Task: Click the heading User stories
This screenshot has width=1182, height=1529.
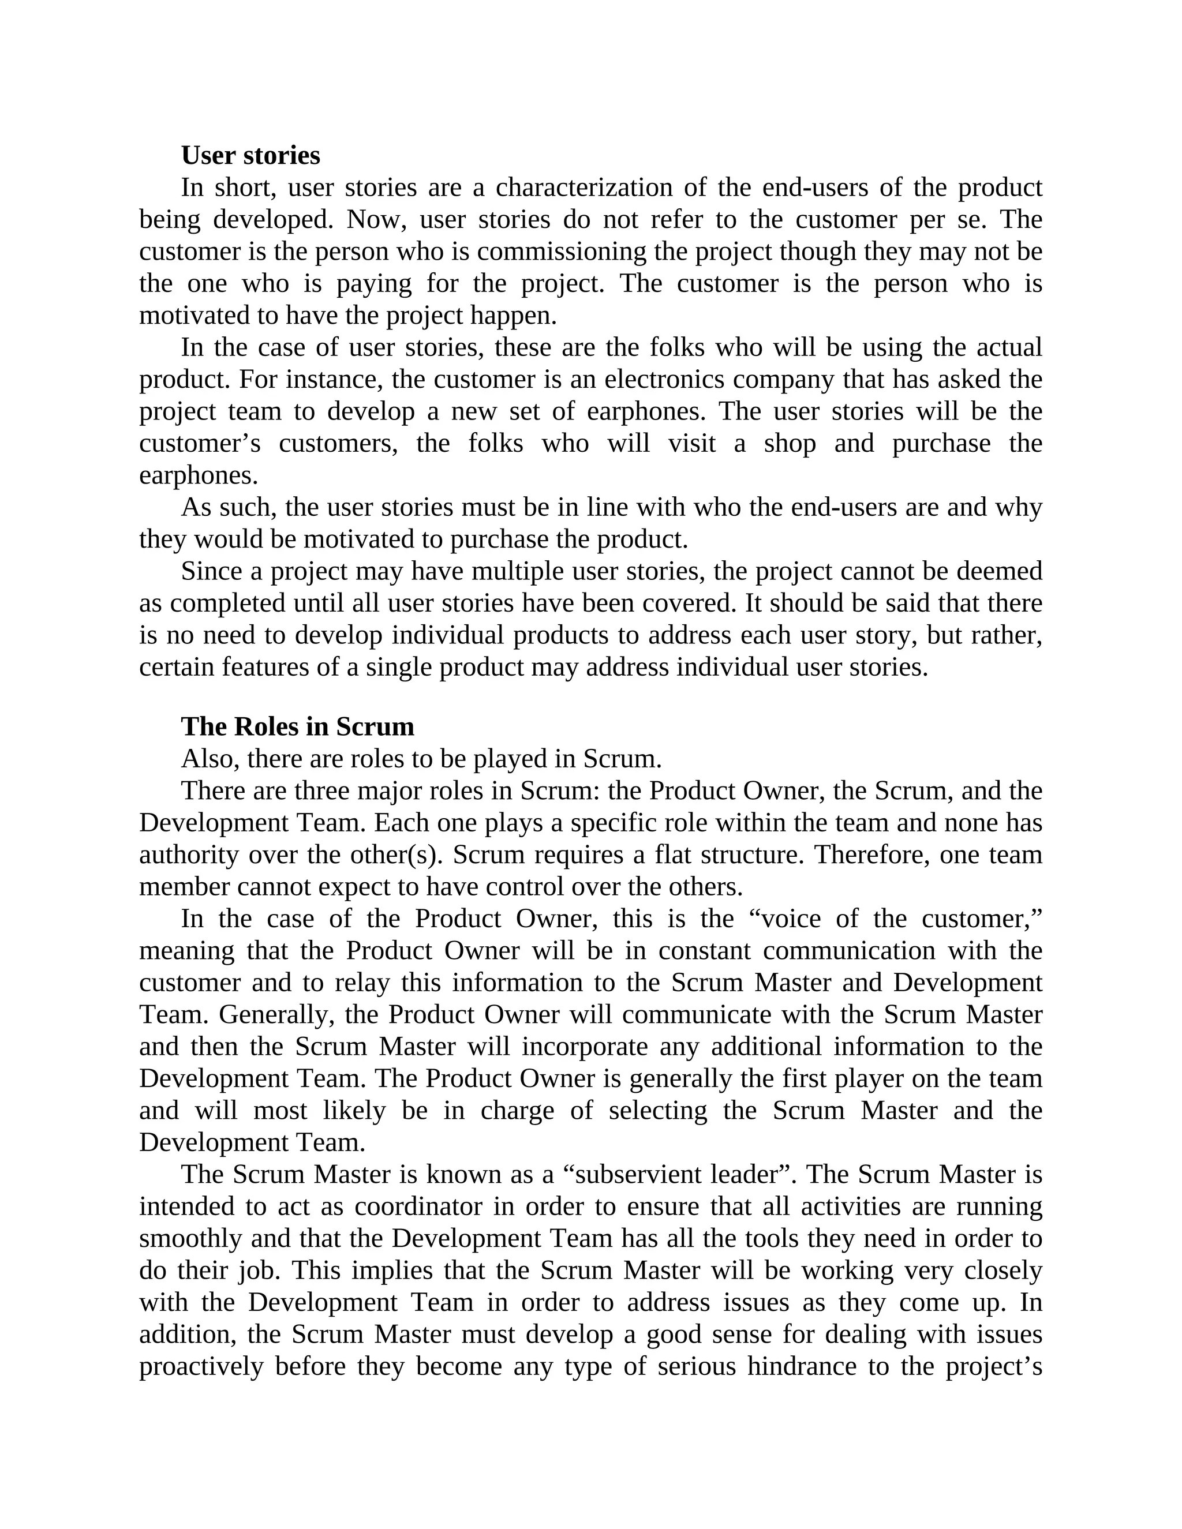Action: point(250,155)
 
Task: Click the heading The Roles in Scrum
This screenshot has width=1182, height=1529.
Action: point(298,726)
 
